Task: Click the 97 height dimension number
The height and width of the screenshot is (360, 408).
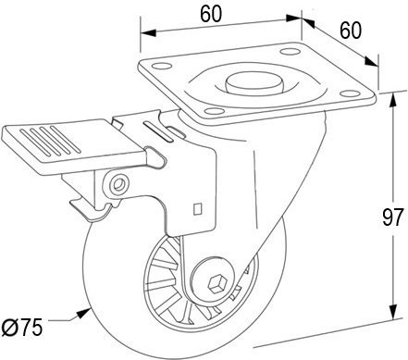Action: coord(392,217)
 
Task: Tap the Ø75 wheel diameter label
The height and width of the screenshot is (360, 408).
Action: coord(21,328)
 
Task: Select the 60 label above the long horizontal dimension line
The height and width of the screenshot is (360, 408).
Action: coord(211,14)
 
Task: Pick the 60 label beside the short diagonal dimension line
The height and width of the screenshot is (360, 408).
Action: coord(351,31)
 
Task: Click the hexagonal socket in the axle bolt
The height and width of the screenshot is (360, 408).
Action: coord(215,284)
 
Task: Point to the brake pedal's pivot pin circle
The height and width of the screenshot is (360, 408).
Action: coord(117,184)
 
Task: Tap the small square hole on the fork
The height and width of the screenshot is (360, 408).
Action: coord(197,208)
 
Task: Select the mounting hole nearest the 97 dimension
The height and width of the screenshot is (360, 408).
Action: coord(350,93)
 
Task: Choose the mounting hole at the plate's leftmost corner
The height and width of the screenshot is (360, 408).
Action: coord(162,67)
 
